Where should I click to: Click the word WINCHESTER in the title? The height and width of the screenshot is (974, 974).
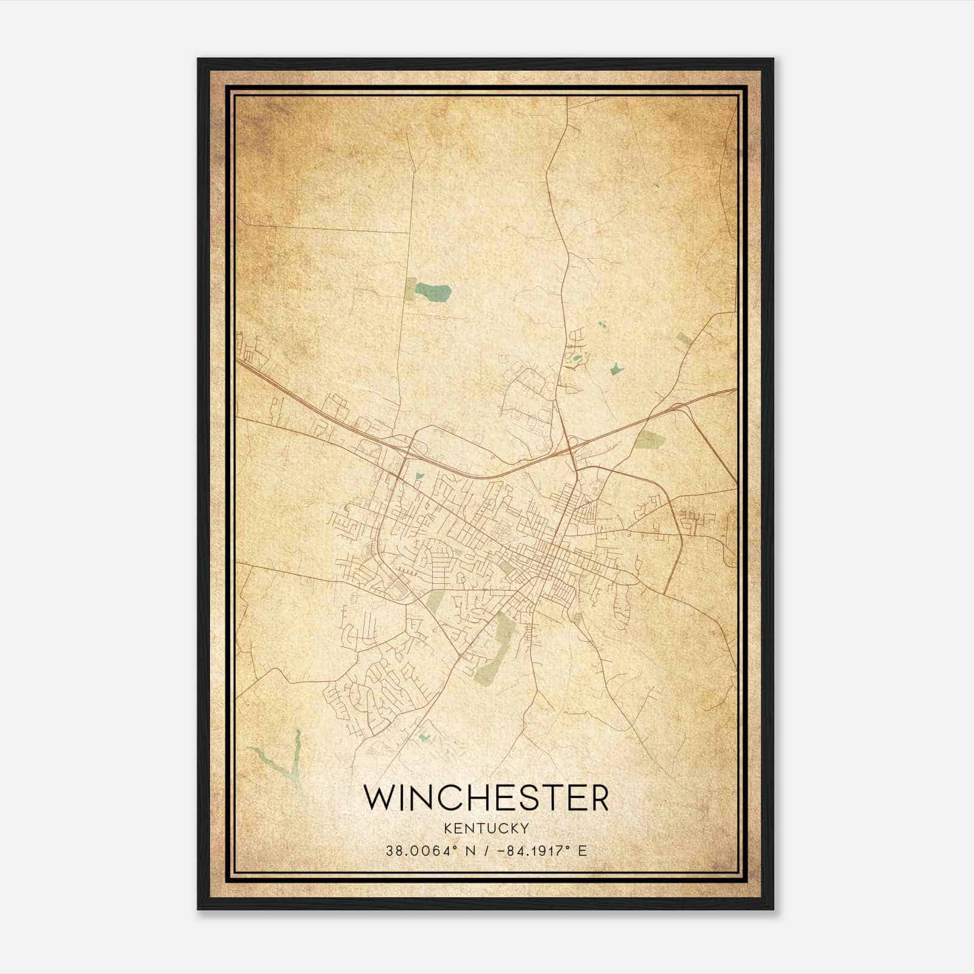tap(486, 797)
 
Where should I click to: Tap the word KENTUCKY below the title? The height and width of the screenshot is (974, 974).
tap(486, 829)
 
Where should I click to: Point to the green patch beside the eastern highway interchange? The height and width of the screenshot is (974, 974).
tap(649, 440)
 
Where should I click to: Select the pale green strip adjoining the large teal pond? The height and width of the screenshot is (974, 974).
tap(411, 290)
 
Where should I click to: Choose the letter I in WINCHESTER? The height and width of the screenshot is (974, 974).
tap(401, 797)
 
